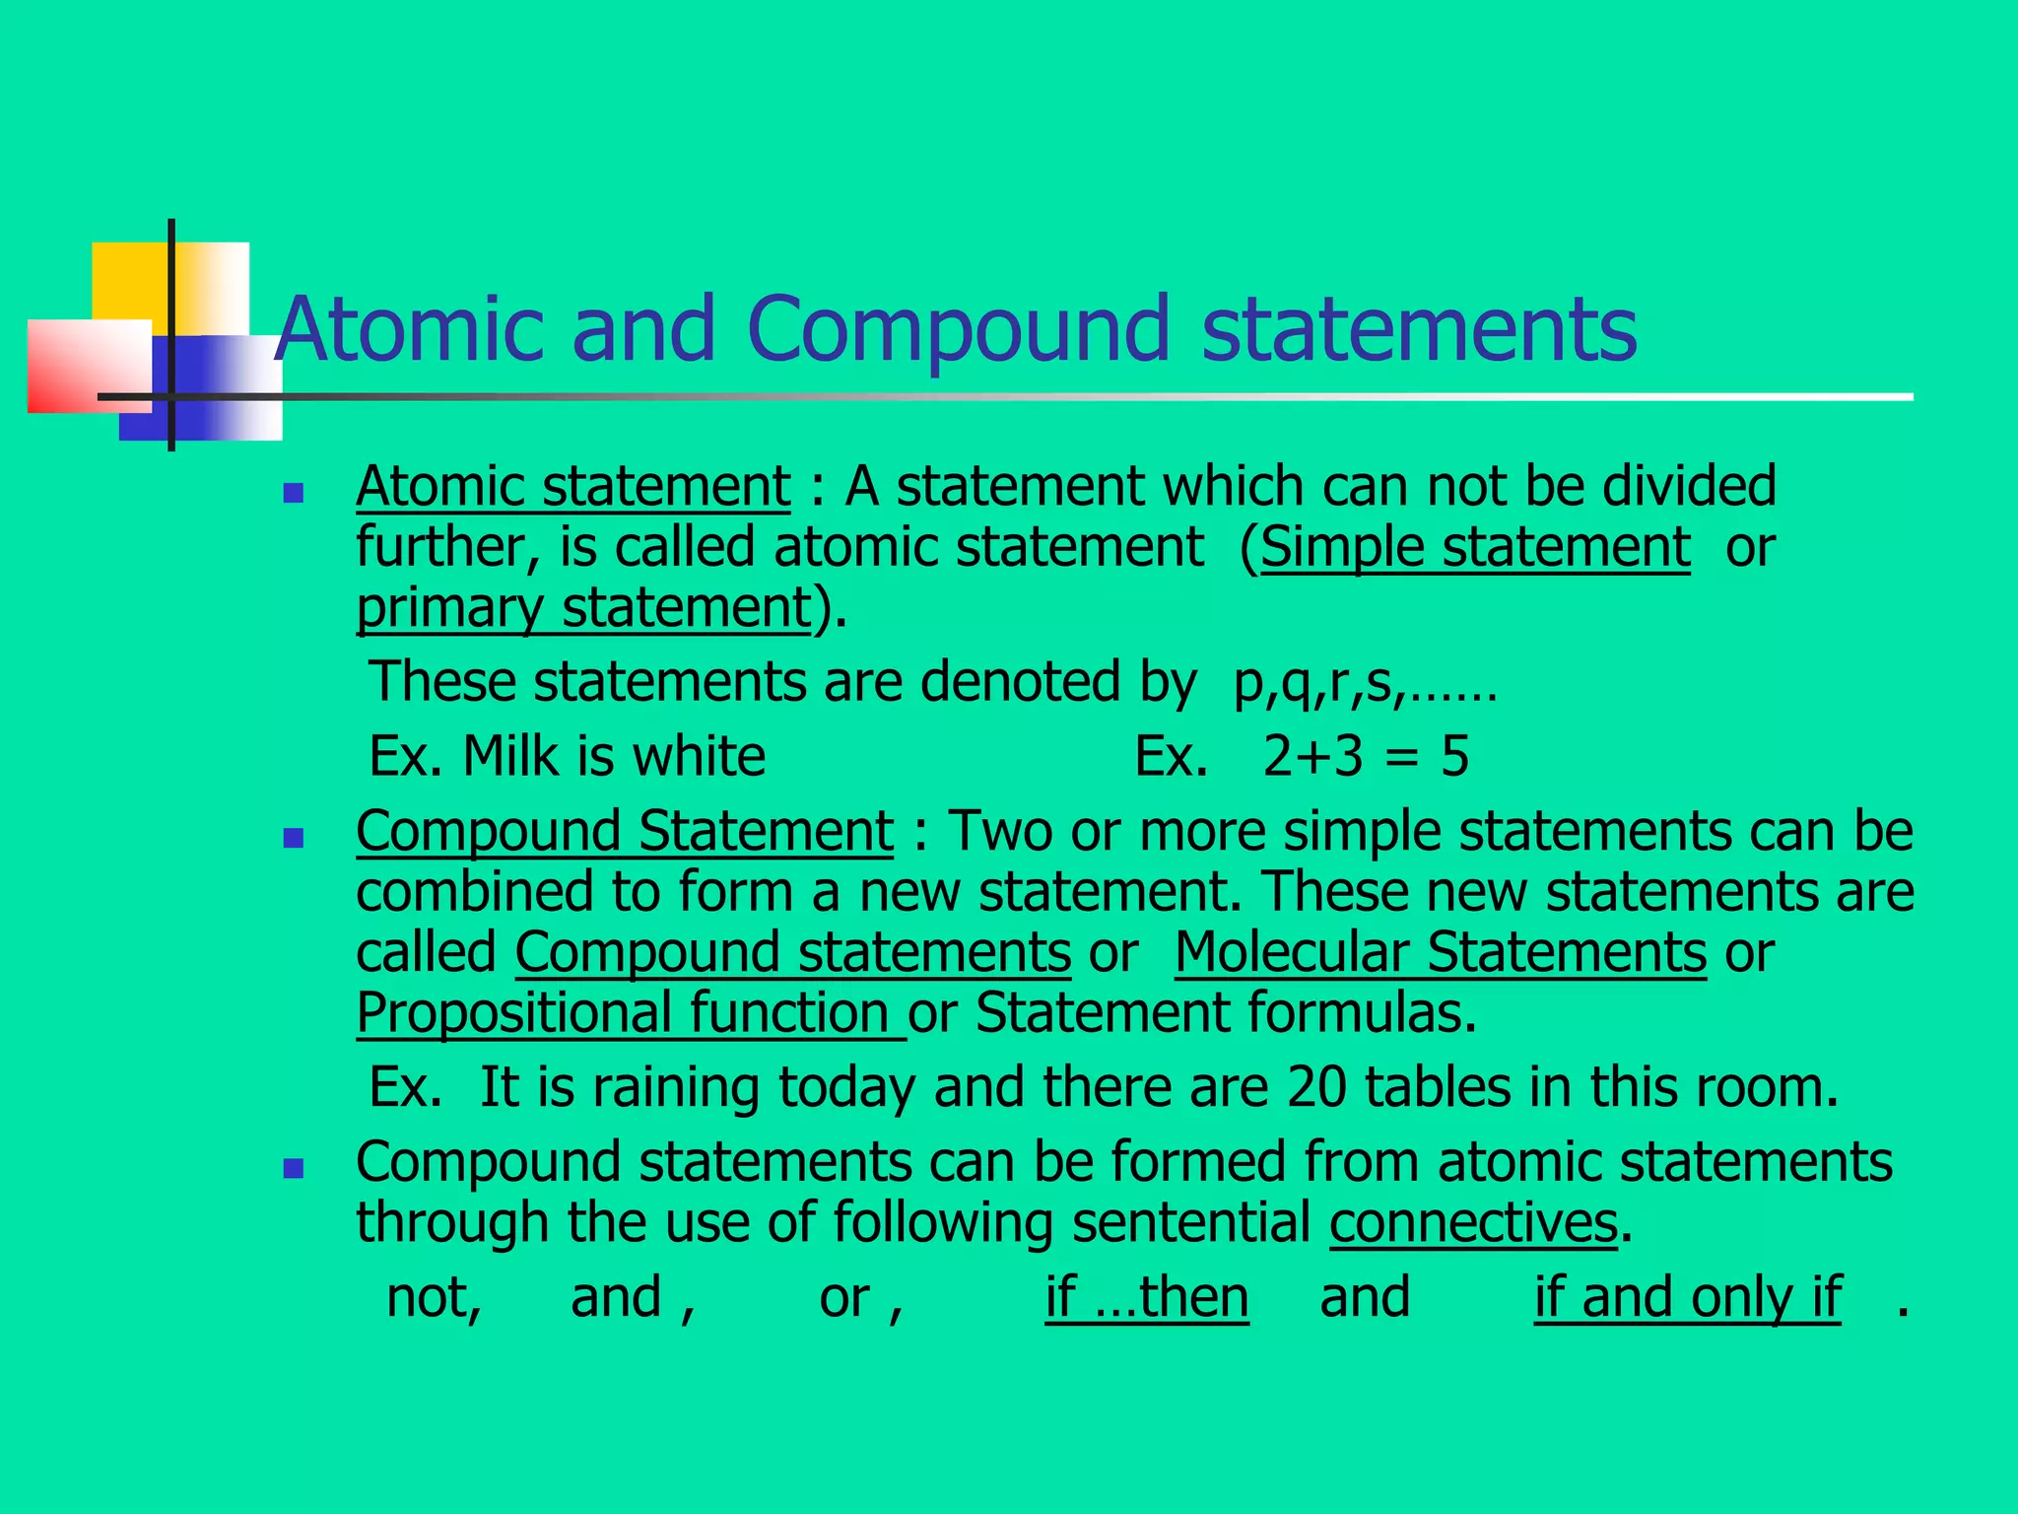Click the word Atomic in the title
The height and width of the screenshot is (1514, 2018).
click(x=409, y=328)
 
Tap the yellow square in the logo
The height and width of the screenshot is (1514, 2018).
click(x=133, y=281)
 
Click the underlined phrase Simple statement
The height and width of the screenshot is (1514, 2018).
click(x=1475, y=547)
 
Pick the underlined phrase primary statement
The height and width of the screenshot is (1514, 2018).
click(x=583, y=608)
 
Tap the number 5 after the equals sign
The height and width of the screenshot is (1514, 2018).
click(x=1454, y=757)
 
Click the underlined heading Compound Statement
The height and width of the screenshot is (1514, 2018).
click(x=625, y=831)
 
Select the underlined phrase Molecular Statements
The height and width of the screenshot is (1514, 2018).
click(x=1440, y=952)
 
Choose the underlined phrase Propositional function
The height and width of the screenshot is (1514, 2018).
click(x=629, y=1013)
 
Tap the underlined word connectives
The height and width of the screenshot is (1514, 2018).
click(x=1473, y=1222)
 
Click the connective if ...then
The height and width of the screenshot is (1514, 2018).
click(x=1147, y=1297)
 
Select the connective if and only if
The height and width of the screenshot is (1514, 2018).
click(x=1687, y=1297)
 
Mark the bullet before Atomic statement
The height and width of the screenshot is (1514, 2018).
click(x=293, y=492)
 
